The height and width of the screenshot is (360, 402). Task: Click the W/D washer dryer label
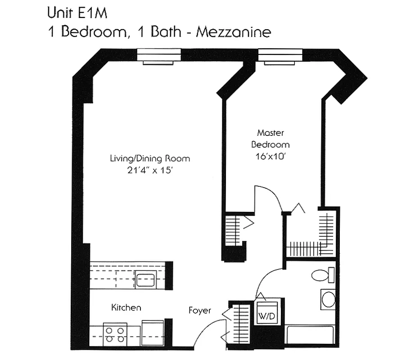pos(266,316)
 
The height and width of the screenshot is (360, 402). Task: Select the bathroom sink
pos(328,300)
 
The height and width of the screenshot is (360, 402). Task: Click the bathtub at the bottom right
pos(311,335)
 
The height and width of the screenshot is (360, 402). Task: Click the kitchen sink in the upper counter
pos(145,280)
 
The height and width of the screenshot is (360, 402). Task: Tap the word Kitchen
pos(126,308)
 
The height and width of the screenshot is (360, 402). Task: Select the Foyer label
pos(199,310)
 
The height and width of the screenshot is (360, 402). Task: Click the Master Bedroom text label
pos(270,139)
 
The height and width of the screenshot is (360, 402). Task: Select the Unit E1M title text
pos(77,13)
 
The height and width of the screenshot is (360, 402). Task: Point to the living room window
pos(158,56)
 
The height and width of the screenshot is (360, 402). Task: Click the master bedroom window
pos(280,56)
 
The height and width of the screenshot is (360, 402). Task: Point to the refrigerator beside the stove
pos(153,333)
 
